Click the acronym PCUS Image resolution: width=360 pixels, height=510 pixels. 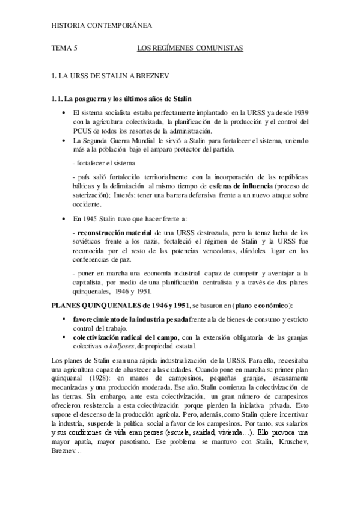click(x=81, y=131)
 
